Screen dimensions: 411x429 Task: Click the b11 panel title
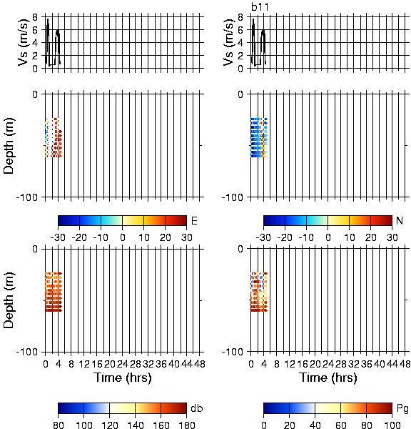[260, 7]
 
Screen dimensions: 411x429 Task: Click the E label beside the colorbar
[194, 220]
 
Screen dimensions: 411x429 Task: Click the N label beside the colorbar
[400, 220]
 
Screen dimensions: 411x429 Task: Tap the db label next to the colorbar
[197, 408]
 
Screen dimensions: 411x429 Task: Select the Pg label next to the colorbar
[402, 408]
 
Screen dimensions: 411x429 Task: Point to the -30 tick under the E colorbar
[58, 237]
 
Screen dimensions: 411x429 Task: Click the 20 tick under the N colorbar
[370, 237]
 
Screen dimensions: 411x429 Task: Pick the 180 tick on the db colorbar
[186, 425]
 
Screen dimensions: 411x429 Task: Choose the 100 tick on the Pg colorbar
[392, 425]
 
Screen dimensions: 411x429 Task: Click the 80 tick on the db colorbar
[59, 425]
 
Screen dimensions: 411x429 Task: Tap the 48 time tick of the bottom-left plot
[199, 364]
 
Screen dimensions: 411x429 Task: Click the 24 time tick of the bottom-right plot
[328, 364]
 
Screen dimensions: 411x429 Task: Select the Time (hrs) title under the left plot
[123, 378]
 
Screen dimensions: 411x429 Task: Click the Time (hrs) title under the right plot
[328, 378]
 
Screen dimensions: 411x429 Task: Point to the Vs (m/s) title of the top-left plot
[24, 42]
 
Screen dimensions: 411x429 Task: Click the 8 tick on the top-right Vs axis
[240, 17]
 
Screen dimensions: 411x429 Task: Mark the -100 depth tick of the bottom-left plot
[27, 352]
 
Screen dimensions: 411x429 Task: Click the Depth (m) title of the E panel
[9, 146]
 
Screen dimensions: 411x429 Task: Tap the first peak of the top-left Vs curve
[48, 19]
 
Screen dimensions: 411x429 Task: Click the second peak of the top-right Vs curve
[263, 30]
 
